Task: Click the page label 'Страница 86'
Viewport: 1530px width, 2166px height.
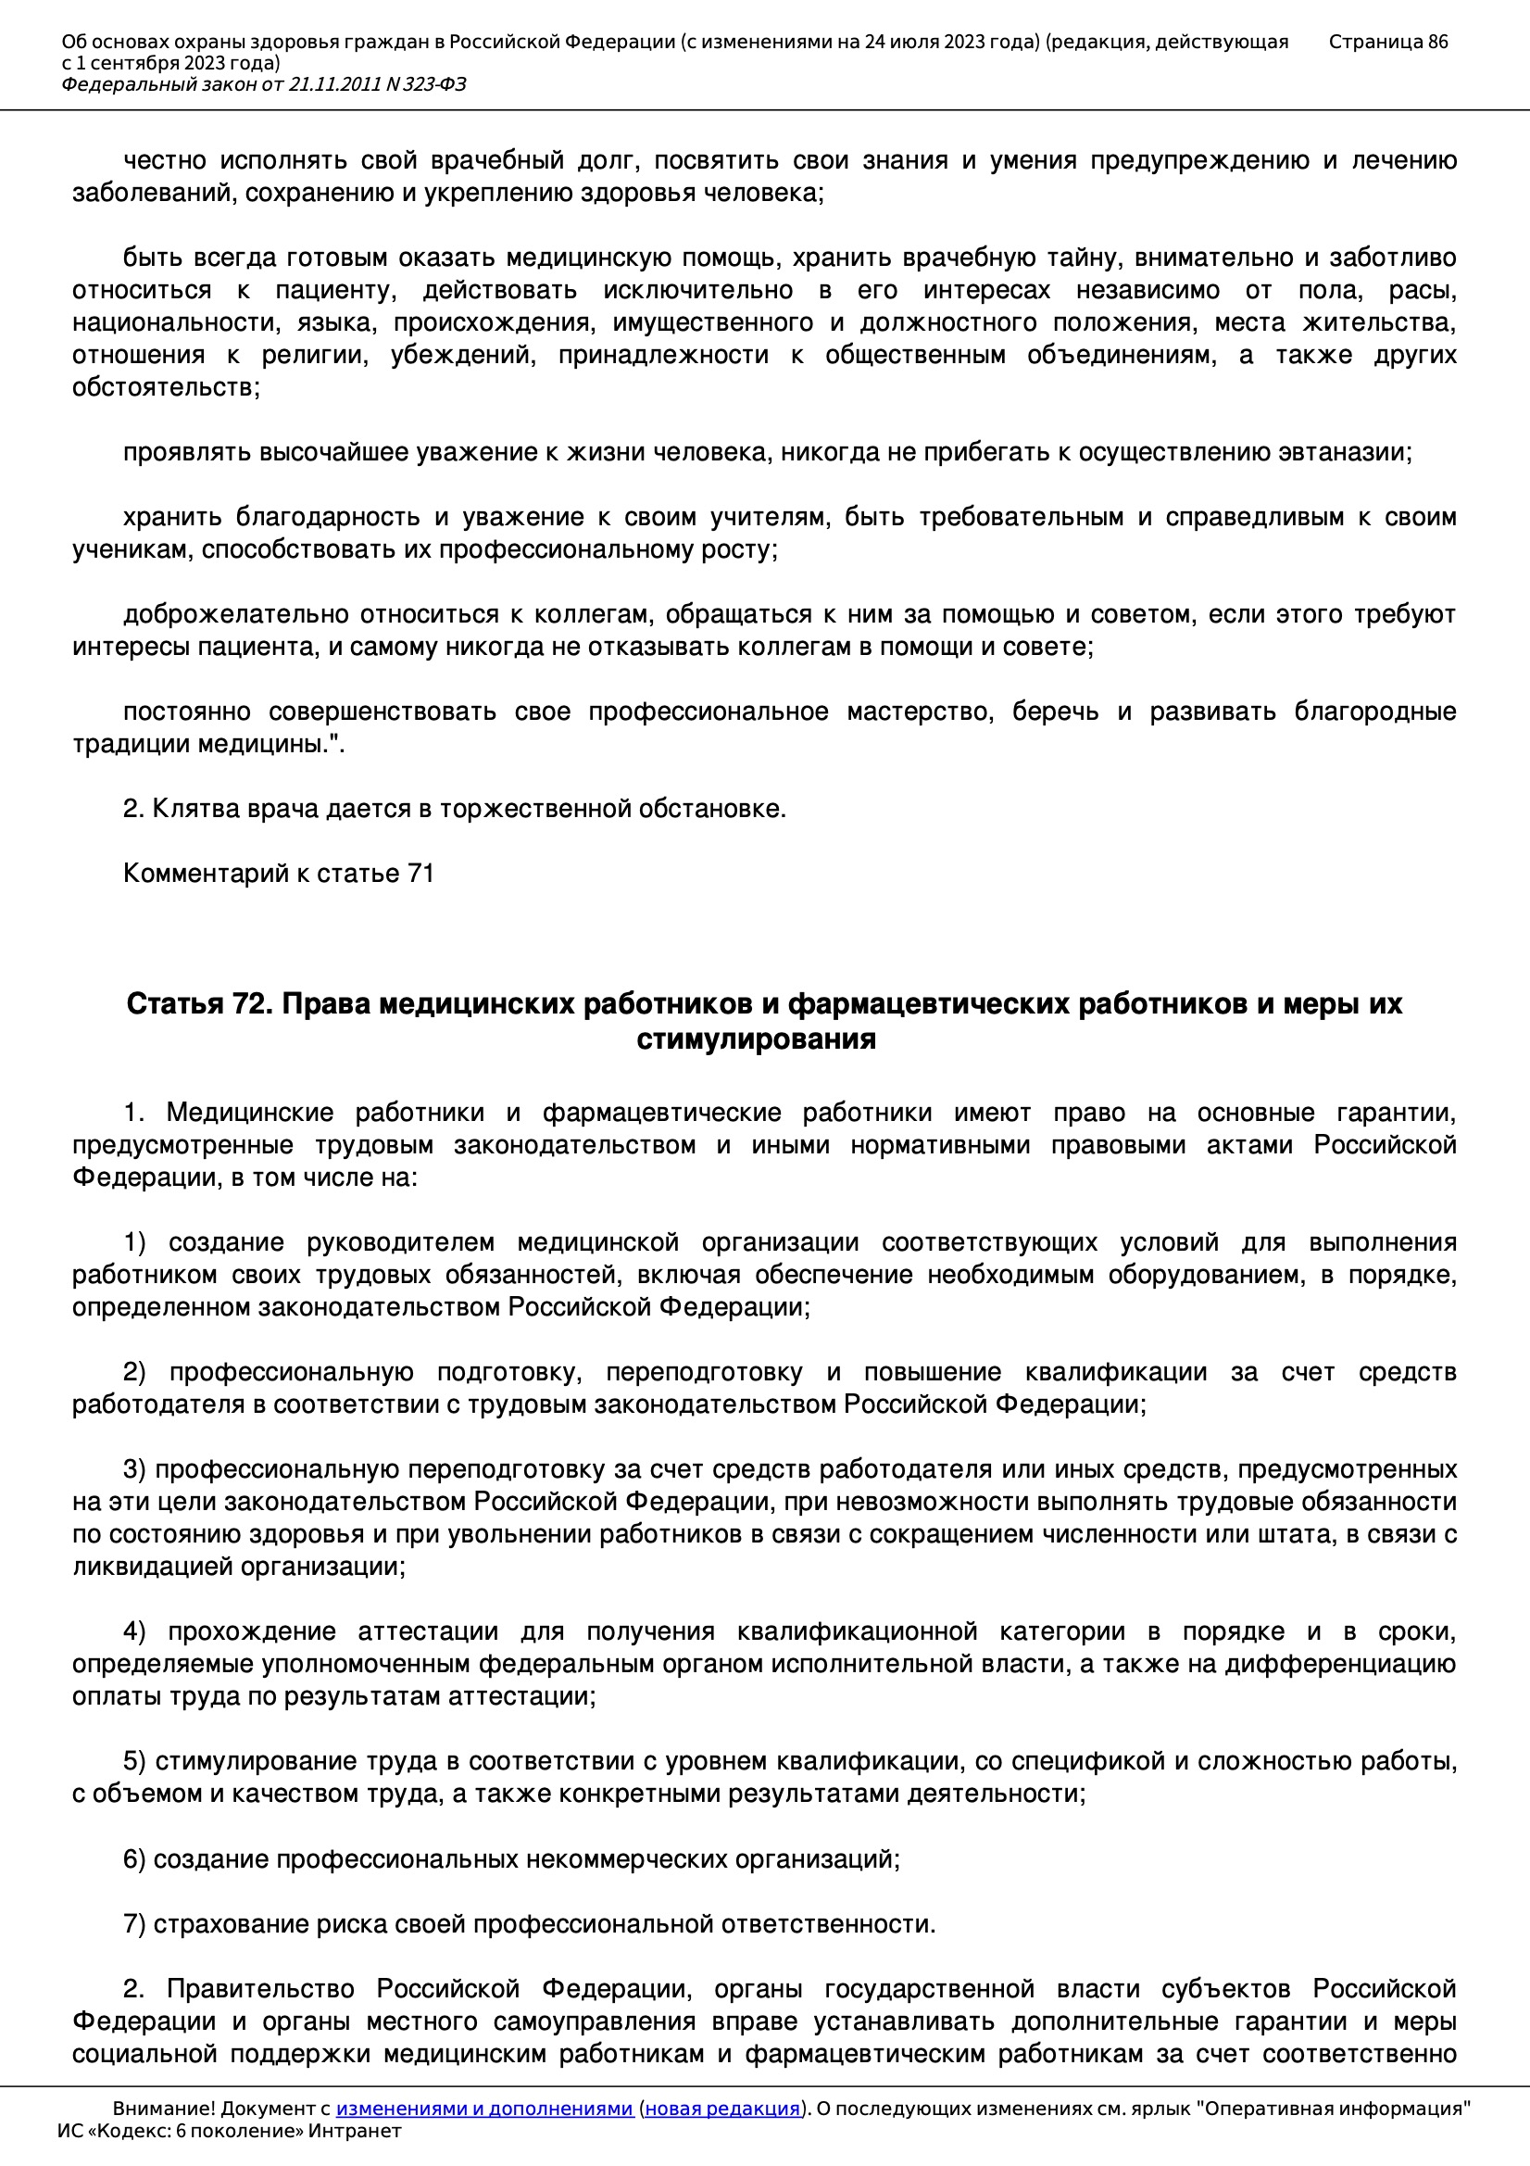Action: tap(1387, 42)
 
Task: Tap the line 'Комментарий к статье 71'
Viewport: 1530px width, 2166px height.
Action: tap(278, 874)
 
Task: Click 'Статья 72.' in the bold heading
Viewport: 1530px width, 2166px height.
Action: tap(199, 1003)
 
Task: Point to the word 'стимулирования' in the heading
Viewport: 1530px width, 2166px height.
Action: tap(757, 1039)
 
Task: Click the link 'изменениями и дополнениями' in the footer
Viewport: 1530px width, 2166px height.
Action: tap(483, 2109)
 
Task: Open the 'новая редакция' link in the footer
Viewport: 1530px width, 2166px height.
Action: tap(722, 2109)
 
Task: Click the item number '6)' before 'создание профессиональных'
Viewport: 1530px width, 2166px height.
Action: tap(135, 1859)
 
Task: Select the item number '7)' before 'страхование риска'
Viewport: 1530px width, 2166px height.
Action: tap(135, 1924)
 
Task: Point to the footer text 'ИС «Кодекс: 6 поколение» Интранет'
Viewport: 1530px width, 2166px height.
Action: tap(229, 2130)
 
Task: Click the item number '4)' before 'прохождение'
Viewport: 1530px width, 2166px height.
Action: tap(135, 1631)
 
